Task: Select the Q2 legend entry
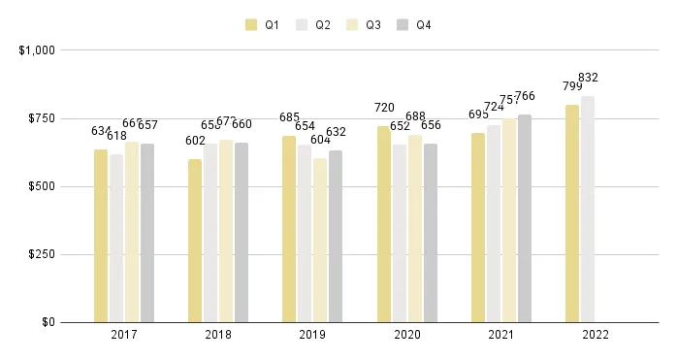(x=313, y=25)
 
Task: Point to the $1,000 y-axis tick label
(x=36, y=49)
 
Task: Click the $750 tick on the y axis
(x=42, y=118)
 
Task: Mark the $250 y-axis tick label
(x=42, y=254)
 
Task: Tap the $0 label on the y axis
(x=48, y=322)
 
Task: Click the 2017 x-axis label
(x=124, y=335)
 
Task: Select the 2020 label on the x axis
(x=407, y=335)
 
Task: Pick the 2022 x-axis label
(x=596, y=335)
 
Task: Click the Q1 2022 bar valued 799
(x=572, y=213)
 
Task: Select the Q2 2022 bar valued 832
(x=588, y=209)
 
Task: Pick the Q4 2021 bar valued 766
(x=525, y=218)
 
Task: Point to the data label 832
(x=588, y=78)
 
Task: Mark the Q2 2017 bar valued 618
(x=116, y=238)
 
